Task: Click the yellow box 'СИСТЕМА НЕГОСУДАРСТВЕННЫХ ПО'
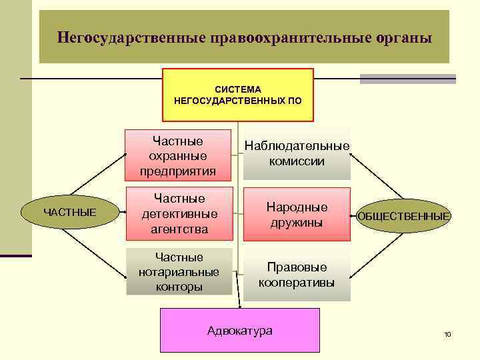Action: [x=238, y=95]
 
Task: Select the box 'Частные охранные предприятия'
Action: [x=178, y=155]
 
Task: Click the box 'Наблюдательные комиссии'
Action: [x=297, y=153]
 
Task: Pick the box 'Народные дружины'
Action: [x=297, y=214]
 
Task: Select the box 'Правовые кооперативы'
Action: [x=297, y=274]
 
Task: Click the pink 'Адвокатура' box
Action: [x=240, y=331]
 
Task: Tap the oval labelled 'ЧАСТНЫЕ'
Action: [x=70, y=213]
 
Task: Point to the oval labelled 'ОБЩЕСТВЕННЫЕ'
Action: [x=404, y=216]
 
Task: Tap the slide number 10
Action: [x=447, y=333]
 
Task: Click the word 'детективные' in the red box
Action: [x=179, y=214]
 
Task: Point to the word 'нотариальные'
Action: [x=179, y=272]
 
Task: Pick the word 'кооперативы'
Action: [x=297, y=282]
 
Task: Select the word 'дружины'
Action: [x=297, y=223]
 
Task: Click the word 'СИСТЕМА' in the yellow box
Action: [x=238, y=89]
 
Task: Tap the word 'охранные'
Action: [x=178, y=156]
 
